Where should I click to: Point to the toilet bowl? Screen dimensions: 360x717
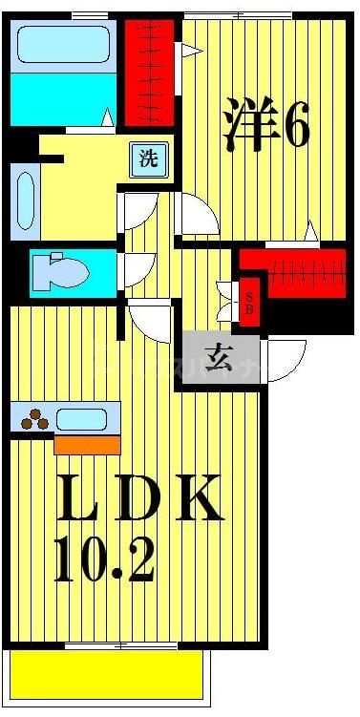[x=63, y=271]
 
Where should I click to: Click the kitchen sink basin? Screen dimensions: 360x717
[x=84, y=418]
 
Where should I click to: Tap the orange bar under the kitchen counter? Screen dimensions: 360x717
[x=87, y=444]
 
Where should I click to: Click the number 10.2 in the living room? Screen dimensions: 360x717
[x=105, y=562]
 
